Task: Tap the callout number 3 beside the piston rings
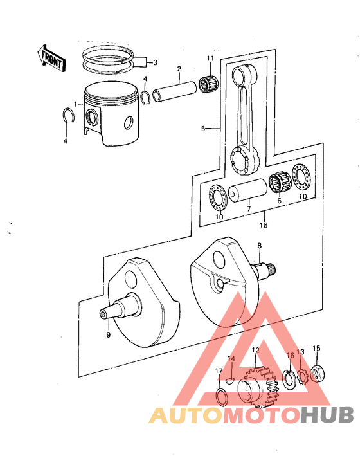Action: [x=154, y=62]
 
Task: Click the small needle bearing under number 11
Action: [x=210, y=84]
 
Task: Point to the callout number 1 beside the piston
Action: [x=76, y=104]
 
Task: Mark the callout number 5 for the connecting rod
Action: [x=203, y=129]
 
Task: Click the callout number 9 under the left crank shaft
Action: [x=108, y=334]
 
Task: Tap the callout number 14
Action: [x=232, y=358]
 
